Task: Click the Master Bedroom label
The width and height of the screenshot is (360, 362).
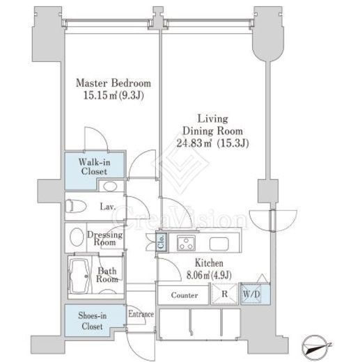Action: pos(114,84)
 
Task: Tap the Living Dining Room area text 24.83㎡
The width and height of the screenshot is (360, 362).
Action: pos(194,143)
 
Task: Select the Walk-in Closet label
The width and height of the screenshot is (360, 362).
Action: pos(94,166)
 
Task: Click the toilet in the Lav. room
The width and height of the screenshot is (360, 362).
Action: pos(76,206)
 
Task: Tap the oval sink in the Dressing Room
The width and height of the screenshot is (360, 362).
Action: pos(77,237)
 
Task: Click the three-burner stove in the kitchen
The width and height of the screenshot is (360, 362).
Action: pos(186,243)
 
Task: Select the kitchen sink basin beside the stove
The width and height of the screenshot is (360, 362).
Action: pos(219,244)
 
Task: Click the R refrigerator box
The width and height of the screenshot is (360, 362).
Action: pos(224,294)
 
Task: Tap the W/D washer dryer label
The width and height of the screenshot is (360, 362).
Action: pos(251,294)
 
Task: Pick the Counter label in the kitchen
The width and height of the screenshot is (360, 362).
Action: pos(185,295)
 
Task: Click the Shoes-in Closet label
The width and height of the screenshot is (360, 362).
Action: pos(92,321)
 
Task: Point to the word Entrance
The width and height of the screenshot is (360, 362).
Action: pos(141,314)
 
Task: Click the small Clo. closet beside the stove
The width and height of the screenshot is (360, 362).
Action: pos(161,242)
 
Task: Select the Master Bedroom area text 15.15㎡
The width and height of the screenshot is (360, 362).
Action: pos(100,95)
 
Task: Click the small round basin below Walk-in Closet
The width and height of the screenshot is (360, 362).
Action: pos(110,187)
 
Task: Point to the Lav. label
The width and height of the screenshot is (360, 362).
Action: pos(108,207)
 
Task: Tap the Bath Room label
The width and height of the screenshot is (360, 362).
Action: pos(107,275)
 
